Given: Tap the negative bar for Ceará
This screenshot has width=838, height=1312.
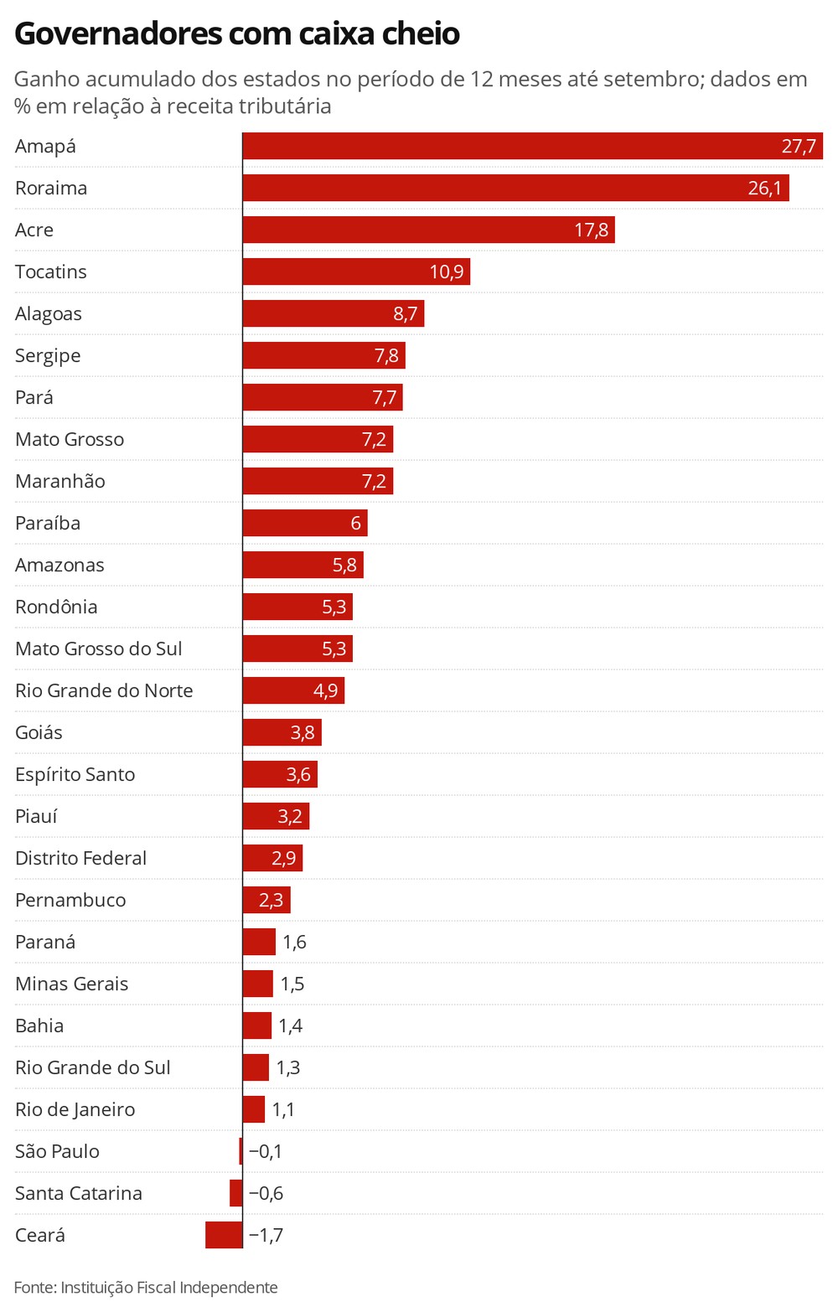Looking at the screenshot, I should coord(224,1235).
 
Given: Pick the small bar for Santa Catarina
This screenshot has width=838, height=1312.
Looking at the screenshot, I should coord(236,1193).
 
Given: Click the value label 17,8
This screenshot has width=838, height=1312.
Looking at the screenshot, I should coord(591,230).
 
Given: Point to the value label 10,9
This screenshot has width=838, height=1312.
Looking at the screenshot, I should coord(447,272).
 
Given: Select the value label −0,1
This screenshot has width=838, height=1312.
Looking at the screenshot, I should coord(266,1152).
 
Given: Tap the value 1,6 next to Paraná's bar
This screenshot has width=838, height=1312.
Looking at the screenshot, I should coord(294,943).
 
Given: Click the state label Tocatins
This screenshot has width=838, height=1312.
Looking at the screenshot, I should coord(51,272).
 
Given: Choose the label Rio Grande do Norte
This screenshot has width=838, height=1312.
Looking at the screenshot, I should coord(104,691).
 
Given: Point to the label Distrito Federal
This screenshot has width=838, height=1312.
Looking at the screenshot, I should coord(80,859).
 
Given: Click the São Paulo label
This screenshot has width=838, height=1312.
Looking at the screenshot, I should coord(57,1152).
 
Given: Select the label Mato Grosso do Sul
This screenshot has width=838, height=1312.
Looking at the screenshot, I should coord(98,649).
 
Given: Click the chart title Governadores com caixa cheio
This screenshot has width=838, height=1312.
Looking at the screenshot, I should coord(237,34).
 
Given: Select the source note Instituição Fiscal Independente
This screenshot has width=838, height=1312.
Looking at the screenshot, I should coord(168,1288).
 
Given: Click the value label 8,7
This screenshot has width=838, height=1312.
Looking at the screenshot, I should coord(405,314).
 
